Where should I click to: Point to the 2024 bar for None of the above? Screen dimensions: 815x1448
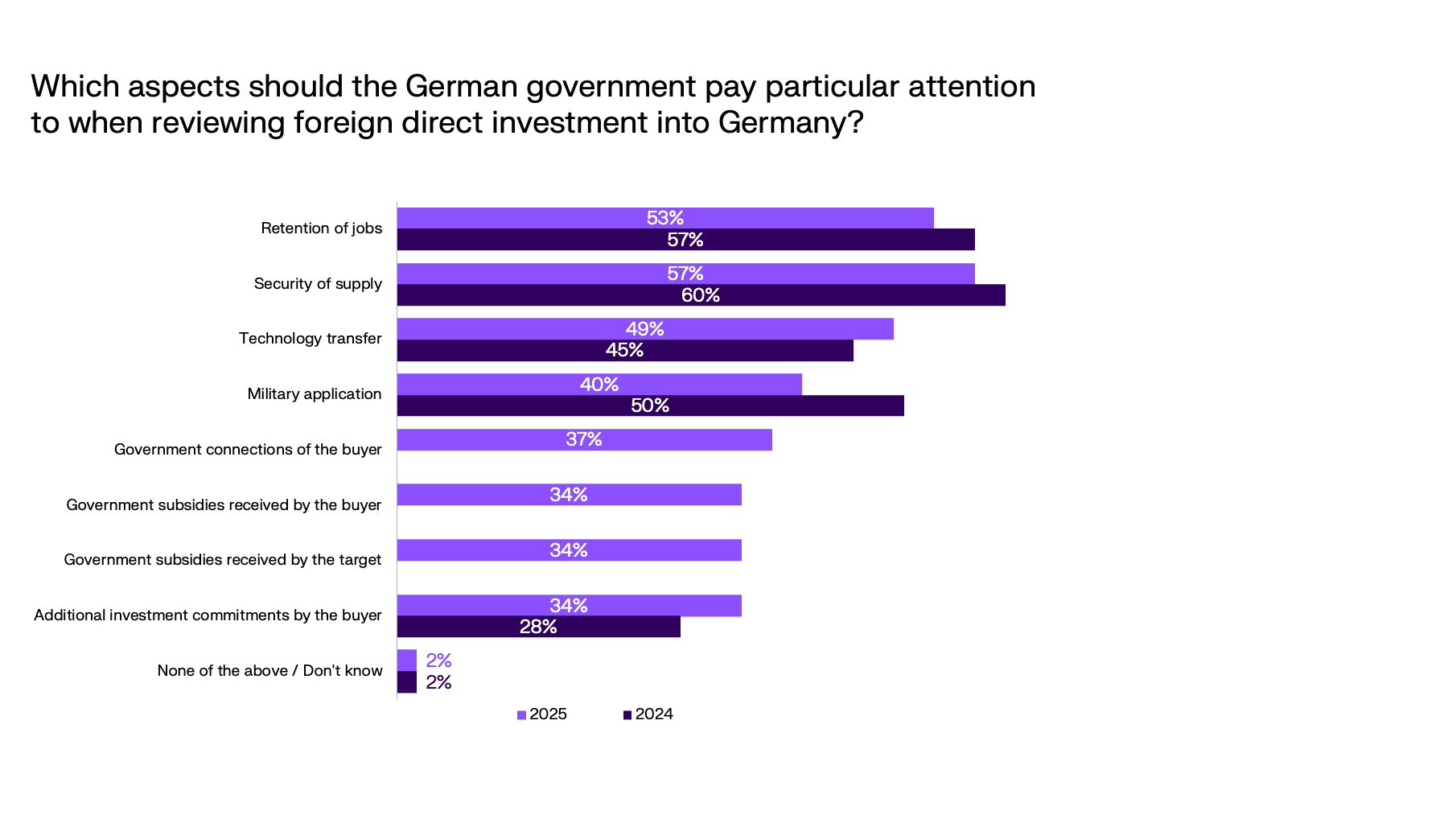(x=407, y=682)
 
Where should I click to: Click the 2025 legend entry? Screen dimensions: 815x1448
(x=542, y=714)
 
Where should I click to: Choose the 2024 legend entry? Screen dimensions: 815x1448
(x=648, y=714)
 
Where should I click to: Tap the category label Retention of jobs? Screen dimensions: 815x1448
(x=321, y=228)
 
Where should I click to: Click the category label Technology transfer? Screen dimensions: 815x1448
(x=310, y=339)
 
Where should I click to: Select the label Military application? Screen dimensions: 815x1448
(x=314, y=394)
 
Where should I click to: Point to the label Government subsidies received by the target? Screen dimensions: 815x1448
(x=222, y=560)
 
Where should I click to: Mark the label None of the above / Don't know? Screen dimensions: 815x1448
(x=269, y=671)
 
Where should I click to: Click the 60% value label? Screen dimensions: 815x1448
(x=701, y=295)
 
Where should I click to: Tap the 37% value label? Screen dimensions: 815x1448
(x=584, y=439)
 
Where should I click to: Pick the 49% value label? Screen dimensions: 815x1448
(x=645, y=329)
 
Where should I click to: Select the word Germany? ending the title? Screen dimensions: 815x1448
(x=791, y=122)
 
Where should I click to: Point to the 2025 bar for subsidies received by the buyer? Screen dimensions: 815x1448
(x=569, y=495)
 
